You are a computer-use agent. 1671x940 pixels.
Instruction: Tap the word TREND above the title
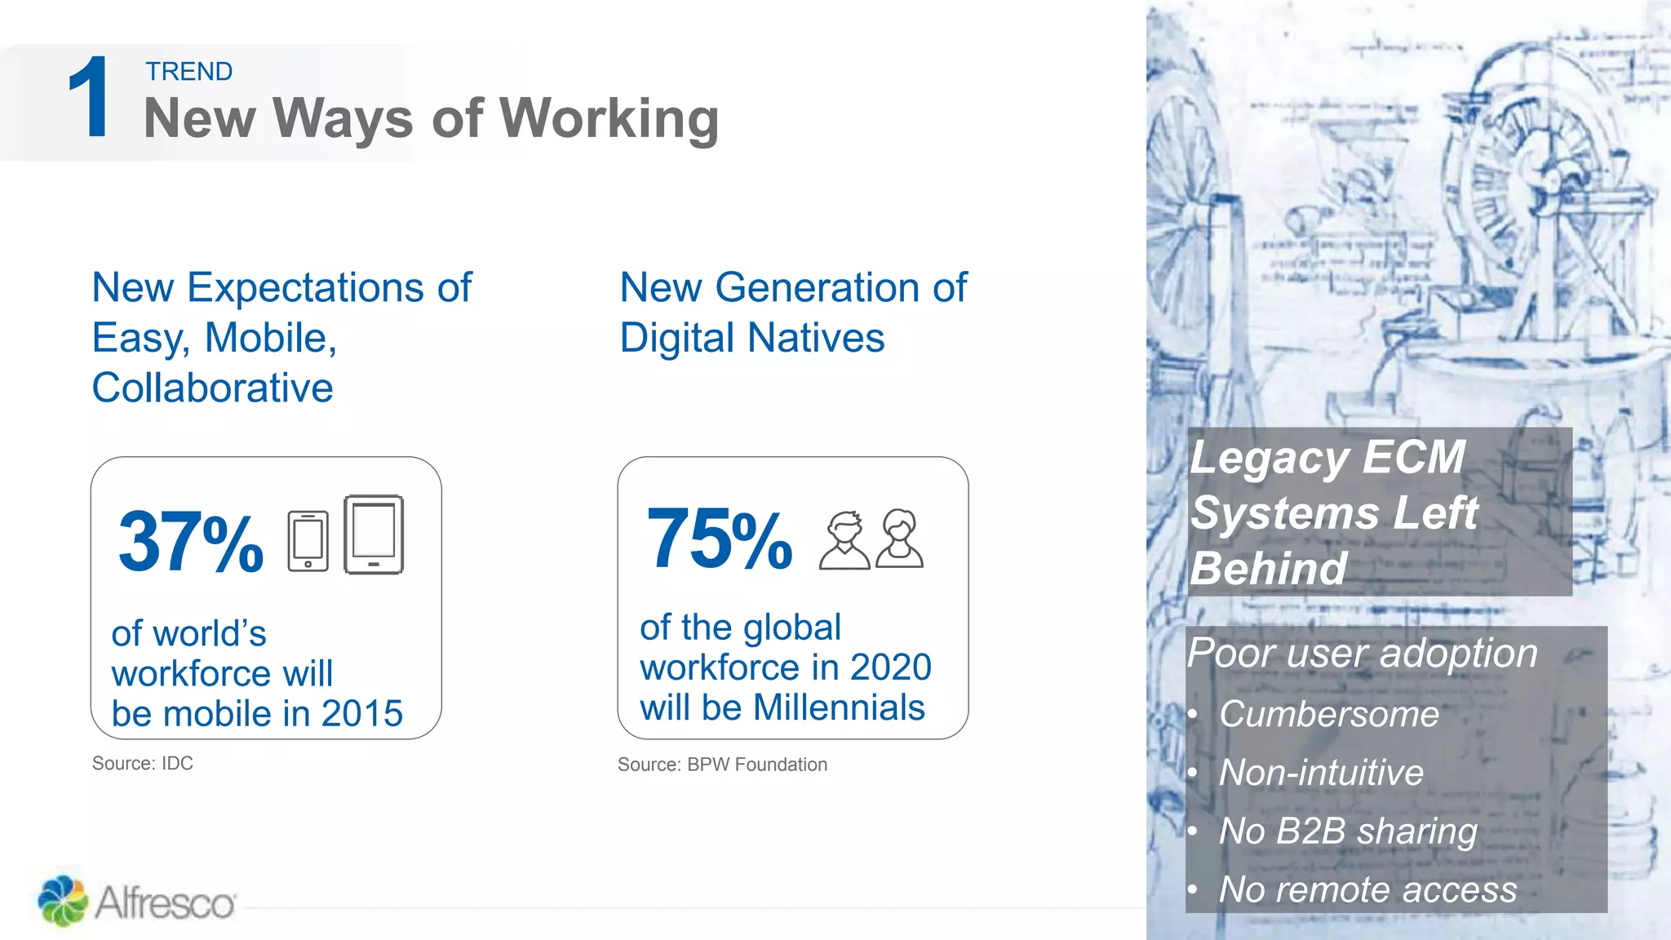(189, 72)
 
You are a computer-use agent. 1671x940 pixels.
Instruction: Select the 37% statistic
(191, 542)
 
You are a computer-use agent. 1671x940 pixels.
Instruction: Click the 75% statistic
(719, 539)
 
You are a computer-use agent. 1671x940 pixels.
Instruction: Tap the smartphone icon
(308, 541)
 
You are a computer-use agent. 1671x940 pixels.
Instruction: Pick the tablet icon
(374, 534)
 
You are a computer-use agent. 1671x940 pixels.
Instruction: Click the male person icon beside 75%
(844, 540)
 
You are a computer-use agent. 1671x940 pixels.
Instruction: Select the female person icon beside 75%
(899, 539)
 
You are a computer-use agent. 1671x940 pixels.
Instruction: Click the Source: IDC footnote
(143, 764)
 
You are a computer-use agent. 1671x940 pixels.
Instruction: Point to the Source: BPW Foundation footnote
(722, 765)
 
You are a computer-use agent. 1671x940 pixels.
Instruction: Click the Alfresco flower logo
(62, 901)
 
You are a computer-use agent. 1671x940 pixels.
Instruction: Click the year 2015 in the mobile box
(362, 714)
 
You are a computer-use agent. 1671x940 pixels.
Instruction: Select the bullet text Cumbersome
(1329, 715)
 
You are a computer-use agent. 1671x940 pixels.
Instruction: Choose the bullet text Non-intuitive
(1321, 773)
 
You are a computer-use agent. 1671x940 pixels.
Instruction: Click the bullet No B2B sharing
(1348, 831)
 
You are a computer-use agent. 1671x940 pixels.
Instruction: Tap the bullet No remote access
(1367, 889)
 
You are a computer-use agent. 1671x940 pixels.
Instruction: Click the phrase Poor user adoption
(1363, 654)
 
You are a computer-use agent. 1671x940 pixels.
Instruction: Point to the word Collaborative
(213, 388)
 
